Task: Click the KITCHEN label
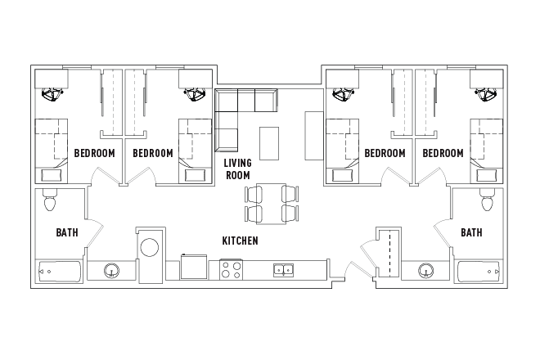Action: (241, 241)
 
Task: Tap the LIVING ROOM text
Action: (238, 169)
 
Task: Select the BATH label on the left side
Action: (67, 232)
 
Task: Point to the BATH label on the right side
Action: (471, 232)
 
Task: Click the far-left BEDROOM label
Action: (94, 153)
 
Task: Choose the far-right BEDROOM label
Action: (443, 153)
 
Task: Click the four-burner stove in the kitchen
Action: (232, 269)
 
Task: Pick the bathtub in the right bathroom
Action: (480, 271)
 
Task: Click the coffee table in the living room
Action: (269, 142)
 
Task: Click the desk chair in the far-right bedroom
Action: (486, 94)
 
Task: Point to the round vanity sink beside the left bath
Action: (111, 270)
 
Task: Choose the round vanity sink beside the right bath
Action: (425, 270)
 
